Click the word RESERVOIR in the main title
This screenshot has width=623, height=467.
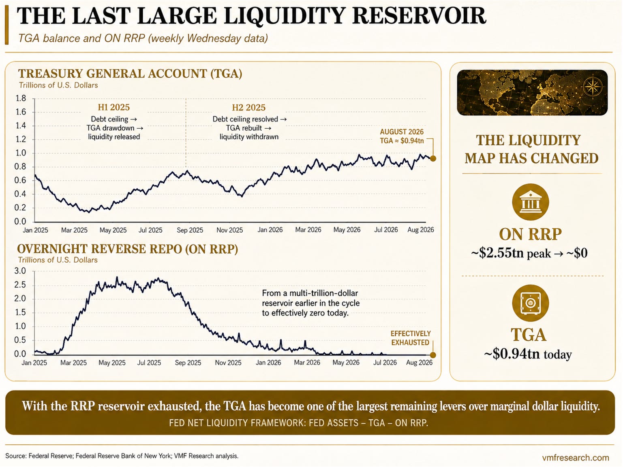[420, 16]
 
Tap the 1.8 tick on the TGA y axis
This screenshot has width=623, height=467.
[20, 98]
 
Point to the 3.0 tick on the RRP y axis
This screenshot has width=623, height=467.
[20, 271]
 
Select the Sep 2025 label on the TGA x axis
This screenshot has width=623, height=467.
[190, 230]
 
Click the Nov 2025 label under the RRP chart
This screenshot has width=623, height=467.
[228, 363]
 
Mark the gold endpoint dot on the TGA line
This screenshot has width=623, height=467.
[433, 158]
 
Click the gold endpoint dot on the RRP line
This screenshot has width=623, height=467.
[433, 355]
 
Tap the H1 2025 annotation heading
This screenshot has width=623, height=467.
[113, 107]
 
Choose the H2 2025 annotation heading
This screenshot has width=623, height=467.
[248, 107]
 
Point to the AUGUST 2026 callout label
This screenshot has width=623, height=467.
[402, 132]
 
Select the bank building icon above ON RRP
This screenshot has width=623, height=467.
[530, 202]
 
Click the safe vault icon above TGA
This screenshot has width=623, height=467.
[530, 303]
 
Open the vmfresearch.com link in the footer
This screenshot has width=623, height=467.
[576, 458]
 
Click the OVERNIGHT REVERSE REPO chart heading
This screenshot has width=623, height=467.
[127, 249]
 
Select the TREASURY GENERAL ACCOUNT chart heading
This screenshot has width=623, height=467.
[130, 74]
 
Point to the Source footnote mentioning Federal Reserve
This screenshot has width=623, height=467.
[122, 456]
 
